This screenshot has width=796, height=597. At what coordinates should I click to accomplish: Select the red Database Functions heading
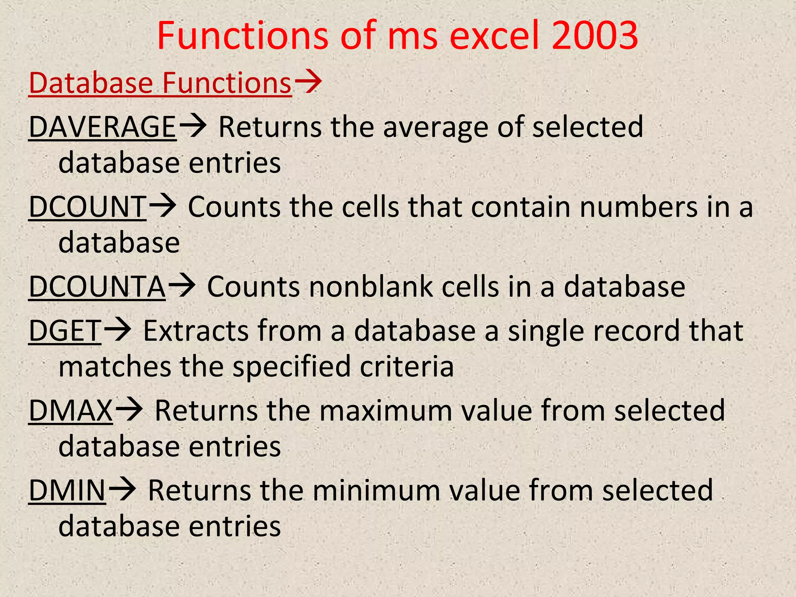point(160,83)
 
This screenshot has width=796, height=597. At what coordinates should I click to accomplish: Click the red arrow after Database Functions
point(308,82)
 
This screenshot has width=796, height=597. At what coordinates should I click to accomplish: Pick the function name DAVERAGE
point(103,127)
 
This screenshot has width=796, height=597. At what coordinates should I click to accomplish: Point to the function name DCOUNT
point(87,207)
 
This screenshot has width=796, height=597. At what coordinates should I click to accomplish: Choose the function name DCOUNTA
point(97,287)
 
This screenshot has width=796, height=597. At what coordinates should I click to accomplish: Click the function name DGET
point(65,331)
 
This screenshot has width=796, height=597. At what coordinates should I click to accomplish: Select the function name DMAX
point(71,410)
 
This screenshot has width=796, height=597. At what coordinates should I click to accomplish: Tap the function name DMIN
point(67,491)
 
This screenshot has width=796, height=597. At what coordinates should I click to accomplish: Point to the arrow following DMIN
point(122,490)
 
